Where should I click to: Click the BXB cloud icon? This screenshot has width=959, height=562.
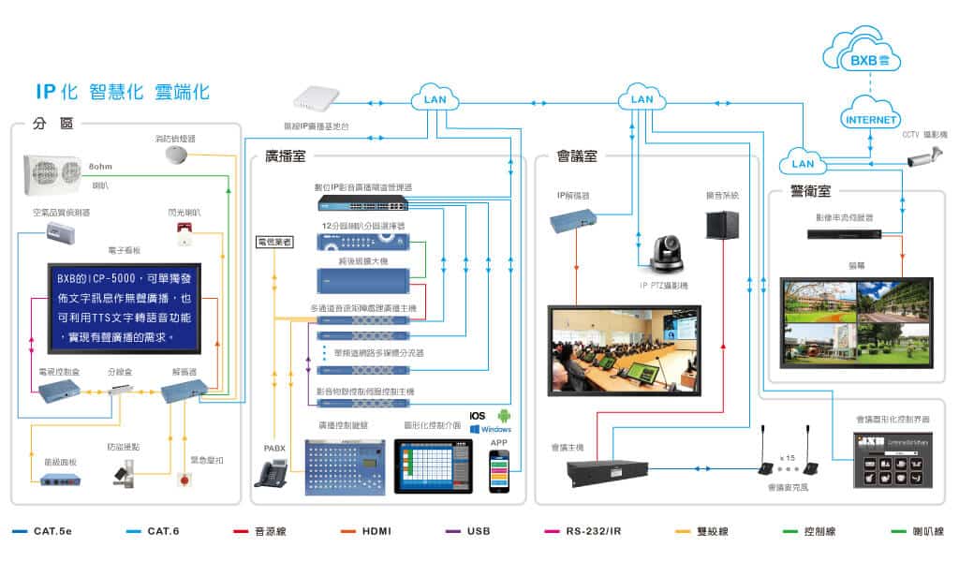coord(862,57)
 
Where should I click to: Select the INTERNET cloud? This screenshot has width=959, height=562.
coord(872,119)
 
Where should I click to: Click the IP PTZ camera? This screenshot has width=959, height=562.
coord(665,254)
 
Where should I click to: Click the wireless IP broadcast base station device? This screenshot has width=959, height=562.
coord(320,98)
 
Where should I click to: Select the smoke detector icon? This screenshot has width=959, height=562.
coord(177,154)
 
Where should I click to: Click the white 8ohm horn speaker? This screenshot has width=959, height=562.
coord(52,172)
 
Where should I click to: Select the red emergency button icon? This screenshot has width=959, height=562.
coord(184,480)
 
